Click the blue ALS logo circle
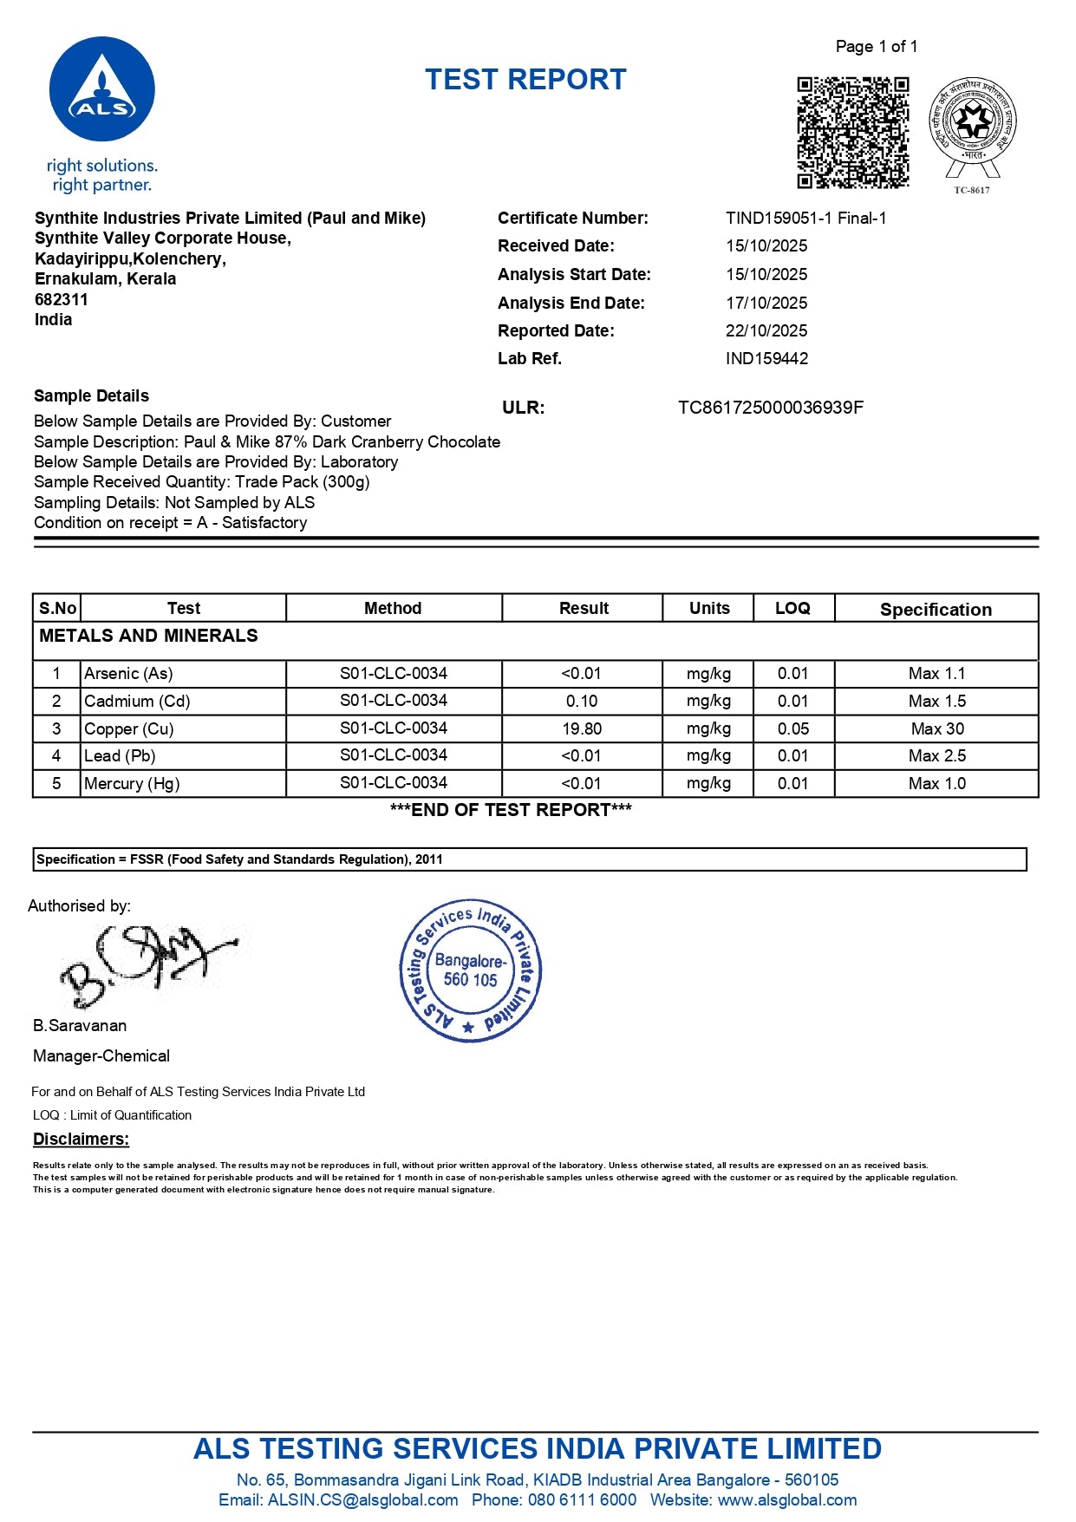tap(102, 89)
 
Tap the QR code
tap(852, 132)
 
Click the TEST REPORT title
tap(525, 80)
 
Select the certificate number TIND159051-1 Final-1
tap(805, 219)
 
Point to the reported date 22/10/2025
tap(766, 331)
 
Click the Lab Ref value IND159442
tap(766, 359)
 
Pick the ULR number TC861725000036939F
tap(770, 408)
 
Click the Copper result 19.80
tap(582, 729)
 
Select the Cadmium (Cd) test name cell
tap(137, 702)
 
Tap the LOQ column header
tap(792, 609)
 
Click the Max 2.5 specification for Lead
tap(936, 756)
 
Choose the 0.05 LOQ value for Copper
tap(792, 729)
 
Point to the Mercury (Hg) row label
tap(132, 784)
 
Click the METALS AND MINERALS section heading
tap(148, 636)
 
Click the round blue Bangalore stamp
tap(470, 970)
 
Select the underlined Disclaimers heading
tap(81, 1140)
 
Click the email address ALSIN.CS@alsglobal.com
tap(362, 1500)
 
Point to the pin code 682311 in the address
tap(62, 300)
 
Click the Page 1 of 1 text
tap(876, 47)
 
